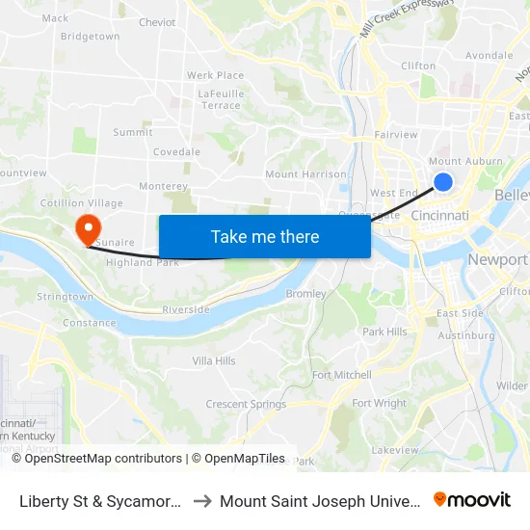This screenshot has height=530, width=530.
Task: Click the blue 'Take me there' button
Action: tap(265, 237)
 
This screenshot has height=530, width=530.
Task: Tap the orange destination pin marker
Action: tap(87, 228)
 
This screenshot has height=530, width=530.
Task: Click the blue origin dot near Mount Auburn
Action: tap(443, 181)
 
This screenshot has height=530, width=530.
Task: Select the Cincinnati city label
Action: tap(439, 216)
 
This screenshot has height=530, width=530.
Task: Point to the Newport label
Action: tap(497, 260)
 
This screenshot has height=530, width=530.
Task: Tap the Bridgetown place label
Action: tap(90, 37)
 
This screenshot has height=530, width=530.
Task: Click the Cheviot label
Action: tap(157, 22)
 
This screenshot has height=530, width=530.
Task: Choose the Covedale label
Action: tap(176, 152)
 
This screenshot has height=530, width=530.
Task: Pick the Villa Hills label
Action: tap(214, 361)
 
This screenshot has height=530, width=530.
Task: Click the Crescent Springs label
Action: tap(246, 405)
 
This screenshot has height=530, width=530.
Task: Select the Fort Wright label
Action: tap(379, 404)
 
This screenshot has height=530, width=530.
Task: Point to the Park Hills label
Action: tap(384, 331)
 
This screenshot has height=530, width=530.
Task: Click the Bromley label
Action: tap(306, 293)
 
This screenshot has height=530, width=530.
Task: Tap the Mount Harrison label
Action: tap(305, 174)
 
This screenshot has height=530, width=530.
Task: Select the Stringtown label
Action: tap(65, 297)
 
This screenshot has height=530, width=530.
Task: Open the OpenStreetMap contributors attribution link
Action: tap(103, 459)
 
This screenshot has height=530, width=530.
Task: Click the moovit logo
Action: tap(472, 500)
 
